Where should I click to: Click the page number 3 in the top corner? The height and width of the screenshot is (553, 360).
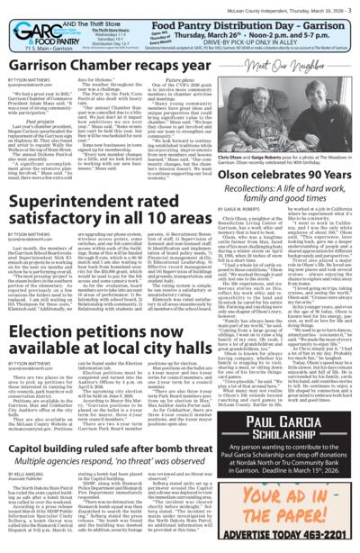coord(354,5)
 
